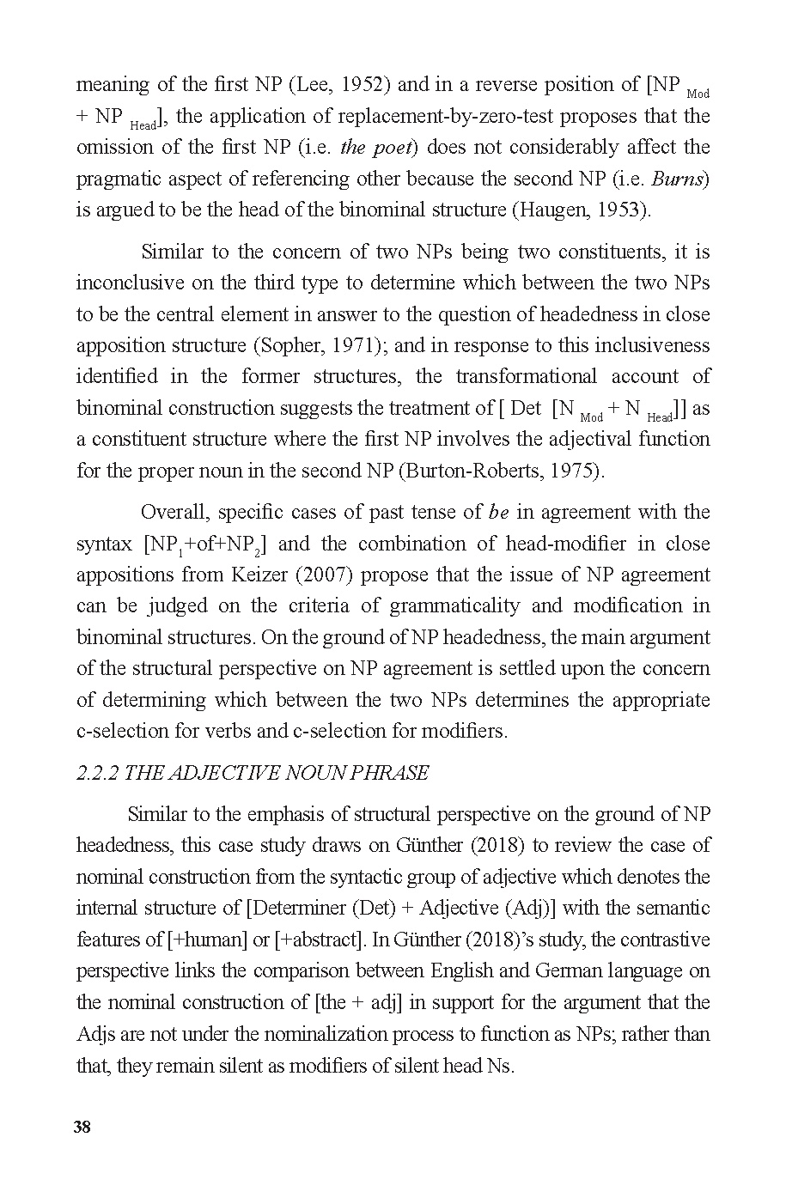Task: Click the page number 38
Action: click(x=82, y=1128)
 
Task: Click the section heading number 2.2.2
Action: click(x=97, y=773)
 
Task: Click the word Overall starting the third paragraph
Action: click(x=174, y=512)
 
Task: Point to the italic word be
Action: click(x=499, y=512)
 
